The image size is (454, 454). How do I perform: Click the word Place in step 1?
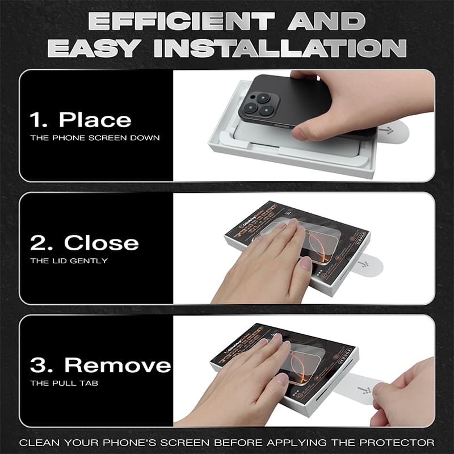(x=95, y=120)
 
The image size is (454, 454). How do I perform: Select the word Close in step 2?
(x=101, y=243)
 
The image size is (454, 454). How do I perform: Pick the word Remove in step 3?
(x=117, y=365)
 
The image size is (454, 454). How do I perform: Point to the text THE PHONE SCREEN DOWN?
(x=95, y=138)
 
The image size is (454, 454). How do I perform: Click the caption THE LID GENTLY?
(x=69, y=261)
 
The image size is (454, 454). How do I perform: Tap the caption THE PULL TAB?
(x=64, y=384)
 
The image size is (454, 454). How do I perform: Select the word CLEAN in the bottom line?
(x=39, y=442)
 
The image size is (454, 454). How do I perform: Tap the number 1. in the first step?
(x=39, y=120)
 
